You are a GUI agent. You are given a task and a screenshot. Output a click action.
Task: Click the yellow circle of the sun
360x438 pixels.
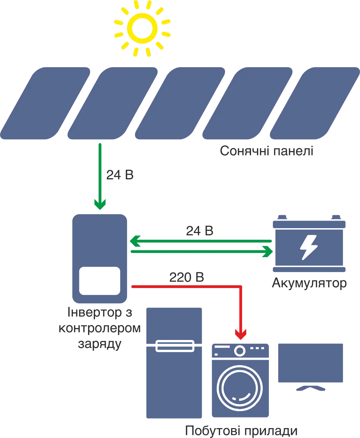coord(142,27)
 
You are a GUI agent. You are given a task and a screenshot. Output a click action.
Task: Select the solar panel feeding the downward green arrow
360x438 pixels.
coord(113,103)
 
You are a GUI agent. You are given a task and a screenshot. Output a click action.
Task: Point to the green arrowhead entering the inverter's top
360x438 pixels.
coord(100,205)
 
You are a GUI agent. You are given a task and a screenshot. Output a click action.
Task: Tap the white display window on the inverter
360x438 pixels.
coord(99,280)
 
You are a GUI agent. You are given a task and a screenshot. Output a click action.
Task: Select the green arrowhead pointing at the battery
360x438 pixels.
coord(268,252)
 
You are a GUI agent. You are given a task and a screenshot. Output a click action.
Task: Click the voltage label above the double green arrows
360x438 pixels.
coord(200,231)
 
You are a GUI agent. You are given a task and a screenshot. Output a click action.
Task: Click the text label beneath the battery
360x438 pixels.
coord(309,283)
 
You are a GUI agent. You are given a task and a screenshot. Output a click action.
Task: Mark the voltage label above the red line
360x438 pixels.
coord(185,278)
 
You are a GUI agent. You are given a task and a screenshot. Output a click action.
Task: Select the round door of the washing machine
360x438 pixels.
coord(241,390)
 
